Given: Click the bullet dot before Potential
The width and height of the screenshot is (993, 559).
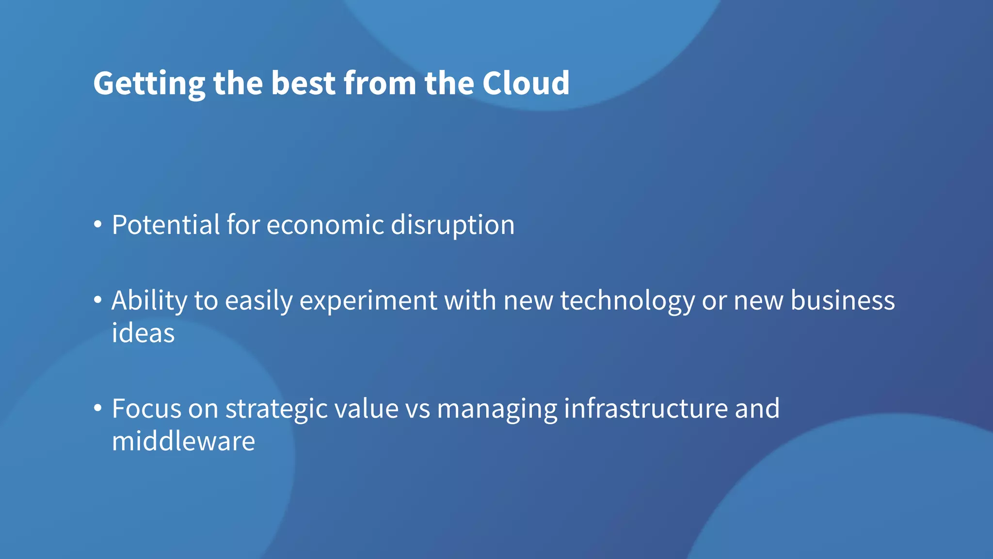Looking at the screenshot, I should point(98,225).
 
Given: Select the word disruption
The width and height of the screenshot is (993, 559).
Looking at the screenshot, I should point(452,226).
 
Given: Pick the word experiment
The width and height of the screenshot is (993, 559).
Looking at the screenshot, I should point(368,301).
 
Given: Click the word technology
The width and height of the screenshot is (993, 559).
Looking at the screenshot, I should point(628,301).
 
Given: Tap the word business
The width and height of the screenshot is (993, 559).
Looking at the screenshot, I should point(843,300).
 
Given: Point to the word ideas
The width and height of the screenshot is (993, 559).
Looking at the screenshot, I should point(143,333).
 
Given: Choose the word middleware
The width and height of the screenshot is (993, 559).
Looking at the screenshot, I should point(183,442).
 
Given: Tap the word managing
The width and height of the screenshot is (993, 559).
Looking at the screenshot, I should point(497,410).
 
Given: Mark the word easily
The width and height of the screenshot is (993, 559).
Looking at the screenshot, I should point(259,301).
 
